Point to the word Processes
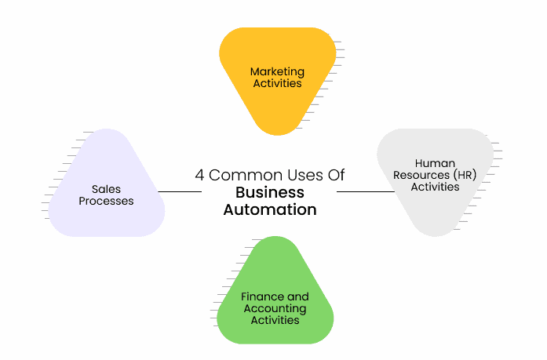107,201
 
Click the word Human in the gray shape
435,164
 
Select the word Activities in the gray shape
435,187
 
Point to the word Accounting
274,308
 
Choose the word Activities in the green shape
274,320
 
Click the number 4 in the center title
200,175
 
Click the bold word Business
270,192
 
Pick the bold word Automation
270,209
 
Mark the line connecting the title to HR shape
364,191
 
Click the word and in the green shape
298,297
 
